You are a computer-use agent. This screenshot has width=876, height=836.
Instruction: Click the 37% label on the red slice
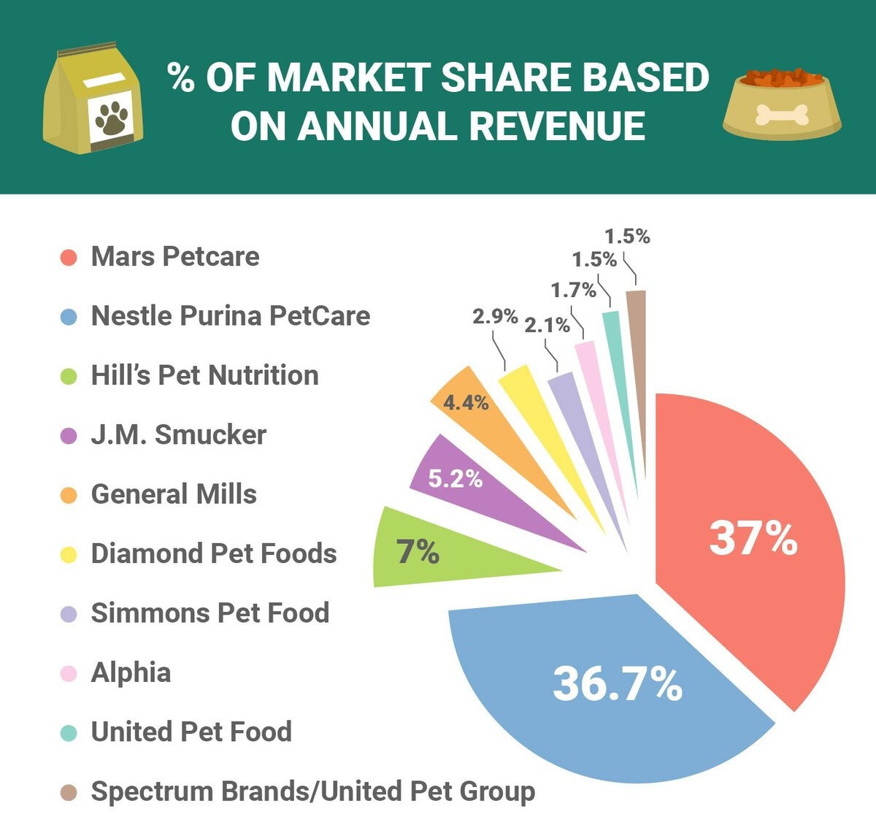click(x=753, y=538)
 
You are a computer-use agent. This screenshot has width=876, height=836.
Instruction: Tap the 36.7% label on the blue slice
click(x=617, y=684)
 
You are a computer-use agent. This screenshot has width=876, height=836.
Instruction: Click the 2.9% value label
click(x=494, y=316)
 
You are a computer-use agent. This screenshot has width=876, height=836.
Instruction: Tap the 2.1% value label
click(x=547, y=325)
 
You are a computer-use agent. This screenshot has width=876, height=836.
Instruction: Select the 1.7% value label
click(x=573, y=290)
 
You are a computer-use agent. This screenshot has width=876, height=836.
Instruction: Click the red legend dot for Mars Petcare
click(x=69, y=257)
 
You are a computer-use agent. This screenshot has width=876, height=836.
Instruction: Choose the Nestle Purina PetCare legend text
click(x=230, y=316)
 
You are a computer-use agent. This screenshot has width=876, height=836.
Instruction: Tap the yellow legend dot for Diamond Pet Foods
click(x=69, y=554)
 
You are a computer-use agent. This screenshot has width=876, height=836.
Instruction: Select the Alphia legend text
click(x=131, y=672)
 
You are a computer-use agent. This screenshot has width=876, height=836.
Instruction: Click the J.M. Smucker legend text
click(x=178, y=435)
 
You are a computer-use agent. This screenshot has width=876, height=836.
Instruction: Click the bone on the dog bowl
click(x=782, y=115)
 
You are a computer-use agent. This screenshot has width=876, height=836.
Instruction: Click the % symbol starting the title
click(x=181, y=77)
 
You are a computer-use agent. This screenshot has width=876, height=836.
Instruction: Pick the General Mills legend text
click(x=174, y=494)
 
